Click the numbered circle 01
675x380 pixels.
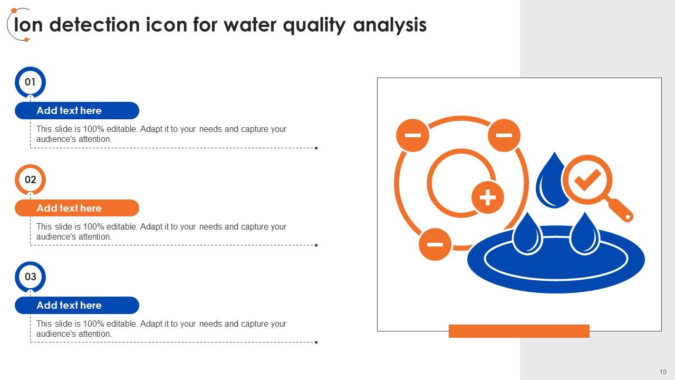pos(30,82)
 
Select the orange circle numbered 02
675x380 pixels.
pos(30,180)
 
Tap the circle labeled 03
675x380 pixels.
pos(30,277)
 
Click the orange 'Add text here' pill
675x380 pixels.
pos(77,208)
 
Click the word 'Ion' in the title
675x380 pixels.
pos(28,25)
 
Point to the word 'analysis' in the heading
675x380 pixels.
pos(390,25)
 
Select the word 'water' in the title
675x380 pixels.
pos(250,25)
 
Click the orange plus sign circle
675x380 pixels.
pos(488,197)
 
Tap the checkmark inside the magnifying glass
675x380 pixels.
pos(587,179)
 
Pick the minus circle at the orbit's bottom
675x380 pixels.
pos(435,244)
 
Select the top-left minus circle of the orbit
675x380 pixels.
pos(412,135)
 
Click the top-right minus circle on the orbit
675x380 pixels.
pos(504,135)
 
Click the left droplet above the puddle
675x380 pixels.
pos(527,235)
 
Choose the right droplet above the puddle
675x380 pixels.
pos(585,235)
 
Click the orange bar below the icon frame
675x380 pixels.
pos(519,331)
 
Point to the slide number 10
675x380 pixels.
pos(663,372)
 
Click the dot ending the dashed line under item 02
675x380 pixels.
pos(316,245)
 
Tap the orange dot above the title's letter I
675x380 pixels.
pos(14,11)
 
